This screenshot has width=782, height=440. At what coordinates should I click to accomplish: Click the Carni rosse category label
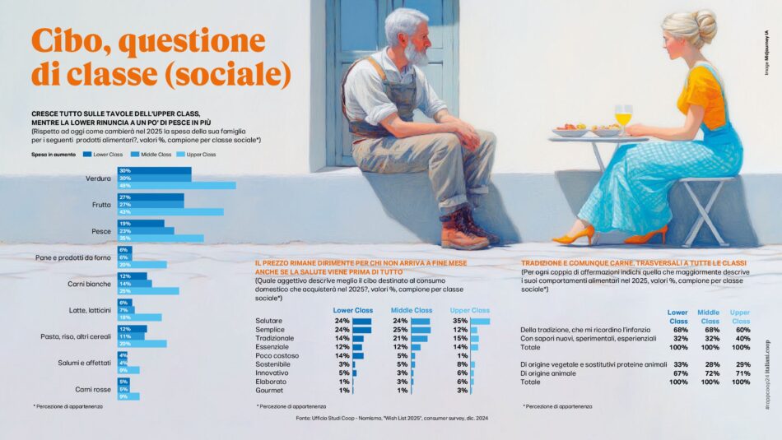[x=93, y=388]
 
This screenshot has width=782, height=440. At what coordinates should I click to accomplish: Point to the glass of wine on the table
[x=623, y=116]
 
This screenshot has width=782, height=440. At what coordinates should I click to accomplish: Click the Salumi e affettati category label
[x=88, y=362]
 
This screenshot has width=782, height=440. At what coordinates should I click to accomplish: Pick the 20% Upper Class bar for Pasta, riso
[x=148, y=344]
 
